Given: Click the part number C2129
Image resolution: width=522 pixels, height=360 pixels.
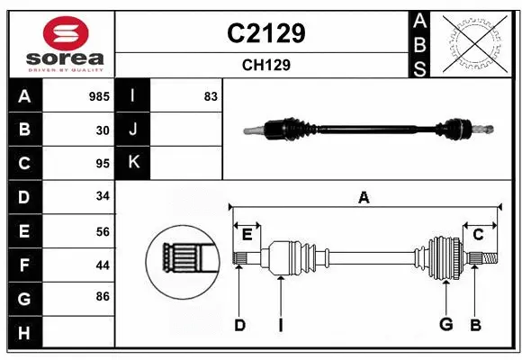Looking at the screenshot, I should click(265, 33).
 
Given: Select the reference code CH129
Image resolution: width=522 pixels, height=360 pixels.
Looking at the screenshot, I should click(265, 65).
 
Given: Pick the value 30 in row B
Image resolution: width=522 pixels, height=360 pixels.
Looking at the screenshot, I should click(103, 130).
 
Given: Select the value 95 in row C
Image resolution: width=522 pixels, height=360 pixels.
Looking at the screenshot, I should click(103, 164).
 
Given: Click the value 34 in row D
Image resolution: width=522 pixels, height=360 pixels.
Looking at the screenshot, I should click(103, 196).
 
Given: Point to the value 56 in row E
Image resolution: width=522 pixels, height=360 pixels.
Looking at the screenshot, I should click(103, 230).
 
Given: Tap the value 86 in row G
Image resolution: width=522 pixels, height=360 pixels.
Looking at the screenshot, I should click(103, 296).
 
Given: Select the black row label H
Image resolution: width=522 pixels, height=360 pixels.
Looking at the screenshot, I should click(23, 334).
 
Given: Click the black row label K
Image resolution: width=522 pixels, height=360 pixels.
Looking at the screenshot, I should click(133, 163).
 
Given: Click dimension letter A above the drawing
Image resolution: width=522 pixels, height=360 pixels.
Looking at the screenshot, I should click(364, 197).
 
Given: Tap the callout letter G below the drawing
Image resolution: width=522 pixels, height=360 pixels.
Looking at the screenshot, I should click(445, 325).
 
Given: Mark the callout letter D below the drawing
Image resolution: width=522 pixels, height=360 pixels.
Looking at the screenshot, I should click(239, 325).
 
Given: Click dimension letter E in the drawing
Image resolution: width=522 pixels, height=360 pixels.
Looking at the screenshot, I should click(247, 235).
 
